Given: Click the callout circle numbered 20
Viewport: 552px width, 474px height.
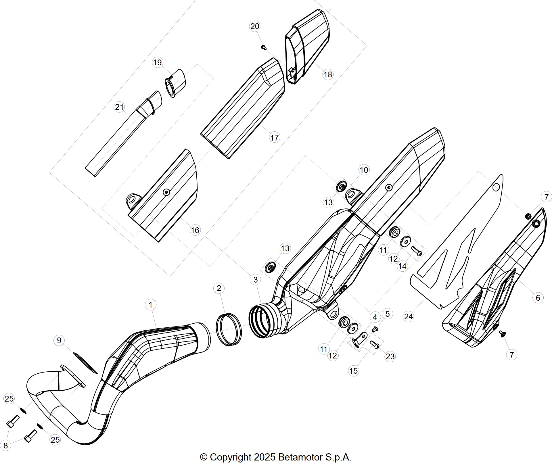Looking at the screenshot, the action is tap(255, 26).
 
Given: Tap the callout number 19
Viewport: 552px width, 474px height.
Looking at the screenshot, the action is tap(158, 62).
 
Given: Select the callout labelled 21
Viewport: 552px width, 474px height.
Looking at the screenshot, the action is tap(119, 107).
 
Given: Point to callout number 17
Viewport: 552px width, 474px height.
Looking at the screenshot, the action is tap(275, 138).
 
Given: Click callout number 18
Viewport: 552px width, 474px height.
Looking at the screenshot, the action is tap(328, 74).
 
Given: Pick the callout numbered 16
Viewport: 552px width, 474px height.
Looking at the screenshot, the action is tap(195, 230).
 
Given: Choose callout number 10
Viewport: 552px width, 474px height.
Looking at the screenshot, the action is tap(364, 170).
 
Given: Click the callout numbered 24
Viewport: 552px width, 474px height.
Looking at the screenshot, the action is tap(409, 316).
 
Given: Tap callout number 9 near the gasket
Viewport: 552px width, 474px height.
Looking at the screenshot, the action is tap(59, 340).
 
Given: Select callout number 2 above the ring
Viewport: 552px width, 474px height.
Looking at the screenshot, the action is tap(219, 288).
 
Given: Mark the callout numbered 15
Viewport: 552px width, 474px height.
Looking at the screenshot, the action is tap(353, 371).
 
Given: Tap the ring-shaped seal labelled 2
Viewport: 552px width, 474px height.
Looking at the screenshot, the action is tap(229, 329).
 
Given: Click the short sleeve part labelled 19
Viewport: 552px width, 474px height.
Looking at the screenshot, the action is tap(175, 83).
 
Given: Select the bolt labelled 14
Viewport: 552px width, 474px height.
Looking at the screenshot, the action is tap(417, 251).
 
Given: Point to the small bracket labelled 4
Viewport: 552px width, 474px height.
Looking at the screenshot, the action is tap(359, 339).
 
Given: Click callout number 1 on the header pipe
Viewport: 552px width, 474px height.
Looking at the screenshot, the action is tap(151, 305).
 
